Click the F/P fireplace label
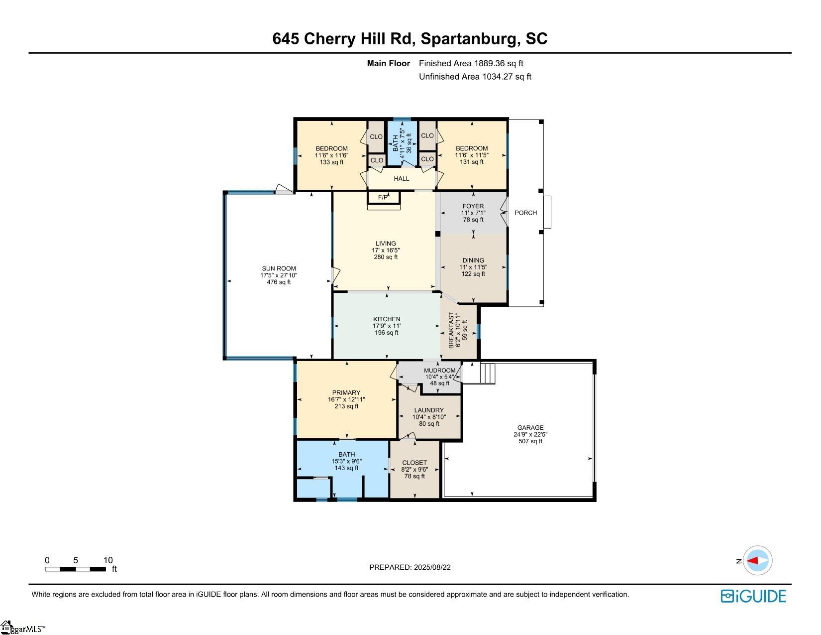point(383,197)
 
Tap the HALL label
point(401,178)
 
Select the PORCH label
point(525,213)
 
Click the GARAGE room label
point(530,428)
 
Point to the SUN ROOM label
point(279,268)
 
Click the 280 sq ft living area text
point(386,257)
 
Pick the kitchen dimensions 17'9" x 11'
point(387,326)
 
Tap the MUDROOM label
point(439,371)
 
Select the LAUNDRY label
point(429,410)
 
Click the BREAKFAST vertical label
point(451,330)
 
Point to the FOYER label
point(473,206)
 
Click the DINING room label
point(473,260)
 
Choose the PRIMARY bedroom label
point(346,392)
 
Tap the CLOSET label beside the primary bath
point(414,463)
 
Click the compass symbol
point(757,561)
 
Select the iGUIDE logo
point(753,597)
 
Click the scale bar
point(76,569)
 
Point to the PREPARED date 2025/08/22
point(410,567)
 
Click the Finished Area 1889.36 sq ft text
point(471,64)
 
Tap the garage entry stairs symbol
point(479,374)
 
